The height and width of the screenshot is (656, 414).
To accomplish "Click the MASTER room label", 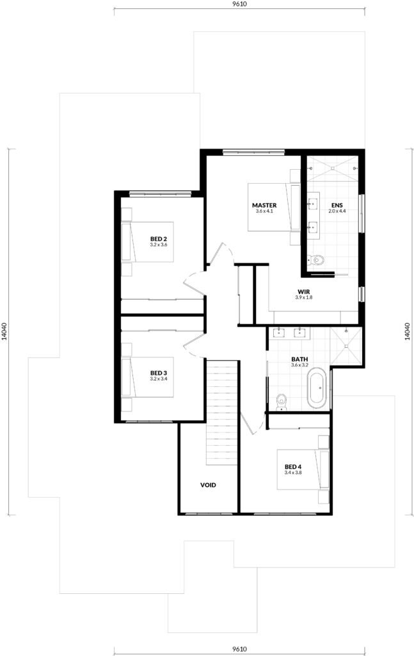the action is click(264, 206).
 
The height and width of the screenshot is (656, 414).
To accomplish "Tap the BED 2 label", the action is click(158, 239).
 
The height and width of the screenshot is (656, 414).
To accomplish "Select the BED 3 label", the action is click(158, 373).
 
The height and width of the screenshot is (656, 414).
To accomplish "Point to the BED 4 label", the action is click(293, 467).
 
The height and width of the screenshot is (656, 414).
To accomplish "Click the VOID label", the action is click(208, 485).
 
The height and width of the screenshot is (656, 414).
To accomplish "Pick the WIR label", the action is click(304, 291).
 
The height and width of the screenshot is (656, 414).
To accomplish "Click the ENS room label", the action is click(337, 206).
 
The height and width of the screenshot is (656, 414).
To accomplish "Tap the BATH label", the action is click(299, 359).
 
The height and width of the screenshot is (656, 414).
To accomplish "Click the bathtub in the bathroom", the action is click(317, 388).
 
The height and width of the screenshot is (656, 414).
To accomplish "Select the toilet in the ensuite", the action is click(316, 260).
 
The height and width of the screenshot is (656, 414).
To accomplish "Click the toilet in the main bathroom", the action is click(282, 402).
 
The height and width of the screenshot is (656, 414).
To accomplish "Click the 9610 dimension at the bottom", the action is click(239, 650).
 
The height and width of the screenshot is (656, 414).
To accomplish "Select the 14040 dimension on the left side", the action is click(4, 331).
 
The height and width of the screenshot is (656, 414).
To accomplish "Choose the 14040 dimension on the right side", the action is click(408, 331).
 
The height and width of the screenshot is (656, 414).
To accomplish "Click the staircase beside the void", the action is click(222, 413).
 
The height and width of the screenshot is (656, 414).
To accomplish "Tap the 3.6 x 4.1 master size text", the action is click(264, 211).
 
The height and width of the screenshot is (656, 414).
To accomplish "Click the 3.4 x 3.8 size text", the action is click(293, 473).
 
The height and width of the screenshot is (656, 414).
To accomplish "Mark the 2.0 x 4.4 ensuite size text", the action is click(337, 211).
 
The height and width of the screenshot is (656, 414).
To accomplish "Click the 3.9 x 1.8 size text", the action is click(304, 297).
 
